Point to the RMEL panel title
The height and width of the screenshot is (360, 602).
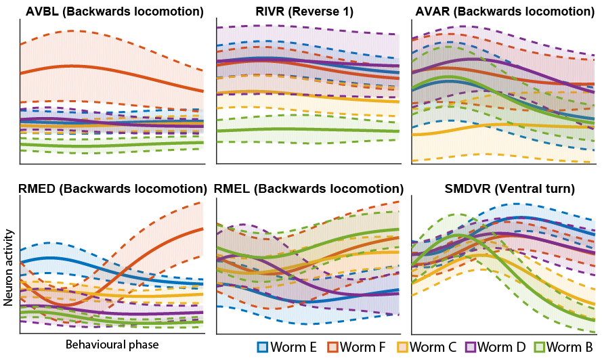(308, 188)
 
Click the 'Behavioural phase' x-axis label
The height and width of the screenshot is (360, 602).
(112, 344)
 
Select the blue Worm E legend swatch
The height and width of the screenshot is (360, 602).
(263, 347)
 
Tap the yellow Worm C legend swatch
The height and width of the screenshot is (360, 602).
(402, 347)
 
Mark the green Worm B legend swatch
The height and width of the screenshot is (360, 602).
(540, 347)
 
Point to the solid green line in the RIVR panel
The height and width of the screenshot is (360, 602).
(305, 129)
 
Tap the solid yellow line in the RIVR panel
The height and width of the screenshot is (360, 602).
(305, 93)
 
